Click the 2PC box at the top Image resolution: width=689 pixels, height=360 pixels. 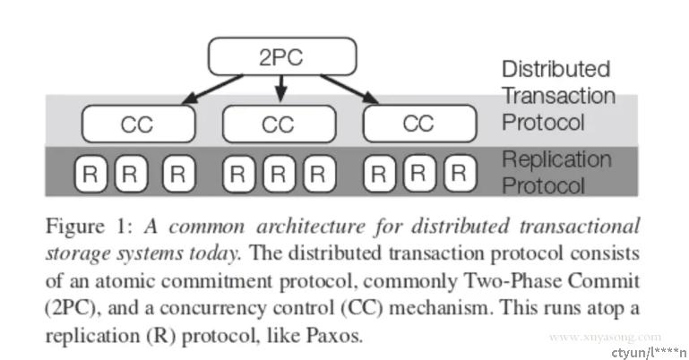point(282,56)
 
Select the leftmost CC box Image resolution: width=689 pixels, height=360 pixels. point(138,124)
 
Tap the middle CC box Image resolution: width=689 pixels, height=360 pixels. point(280,124)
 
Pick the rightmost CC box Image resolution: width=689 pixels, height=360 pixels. point(420,124)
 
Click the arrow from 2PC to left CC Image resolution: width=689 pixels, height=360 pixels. point(212,90)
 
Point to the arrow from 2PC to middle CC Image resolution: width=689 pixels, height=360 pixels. point(281,89)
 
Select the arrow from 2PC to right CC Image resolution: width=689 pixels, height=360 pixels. point(349,90)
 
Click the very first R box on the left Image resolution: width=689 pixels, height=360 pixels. point(90,174)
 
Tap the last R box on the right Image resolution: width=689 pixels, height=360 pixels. point(460,174)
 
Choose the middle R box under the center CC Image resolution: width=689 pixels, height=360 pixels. point(279,174)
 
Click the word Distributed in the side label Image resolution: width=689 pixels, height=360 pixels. point(556,69)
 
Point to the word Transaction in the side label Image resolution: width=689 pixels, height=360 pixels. point(558,96)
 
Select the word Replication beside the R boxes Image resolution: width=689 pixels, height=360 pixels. point(556,159)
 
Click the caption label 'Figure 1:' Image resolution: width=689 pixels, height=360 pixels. point(90,227)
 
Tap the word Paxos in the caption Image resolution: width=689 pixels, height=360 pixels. point(334,336)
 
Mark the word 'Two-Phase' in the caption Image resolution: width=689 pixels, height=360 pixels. point(512,281)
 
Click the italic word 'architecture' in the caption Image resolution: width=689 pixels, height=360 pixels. point(311,227)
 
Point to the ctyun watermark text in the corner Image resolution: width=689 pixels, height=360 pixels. point(649,352)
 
